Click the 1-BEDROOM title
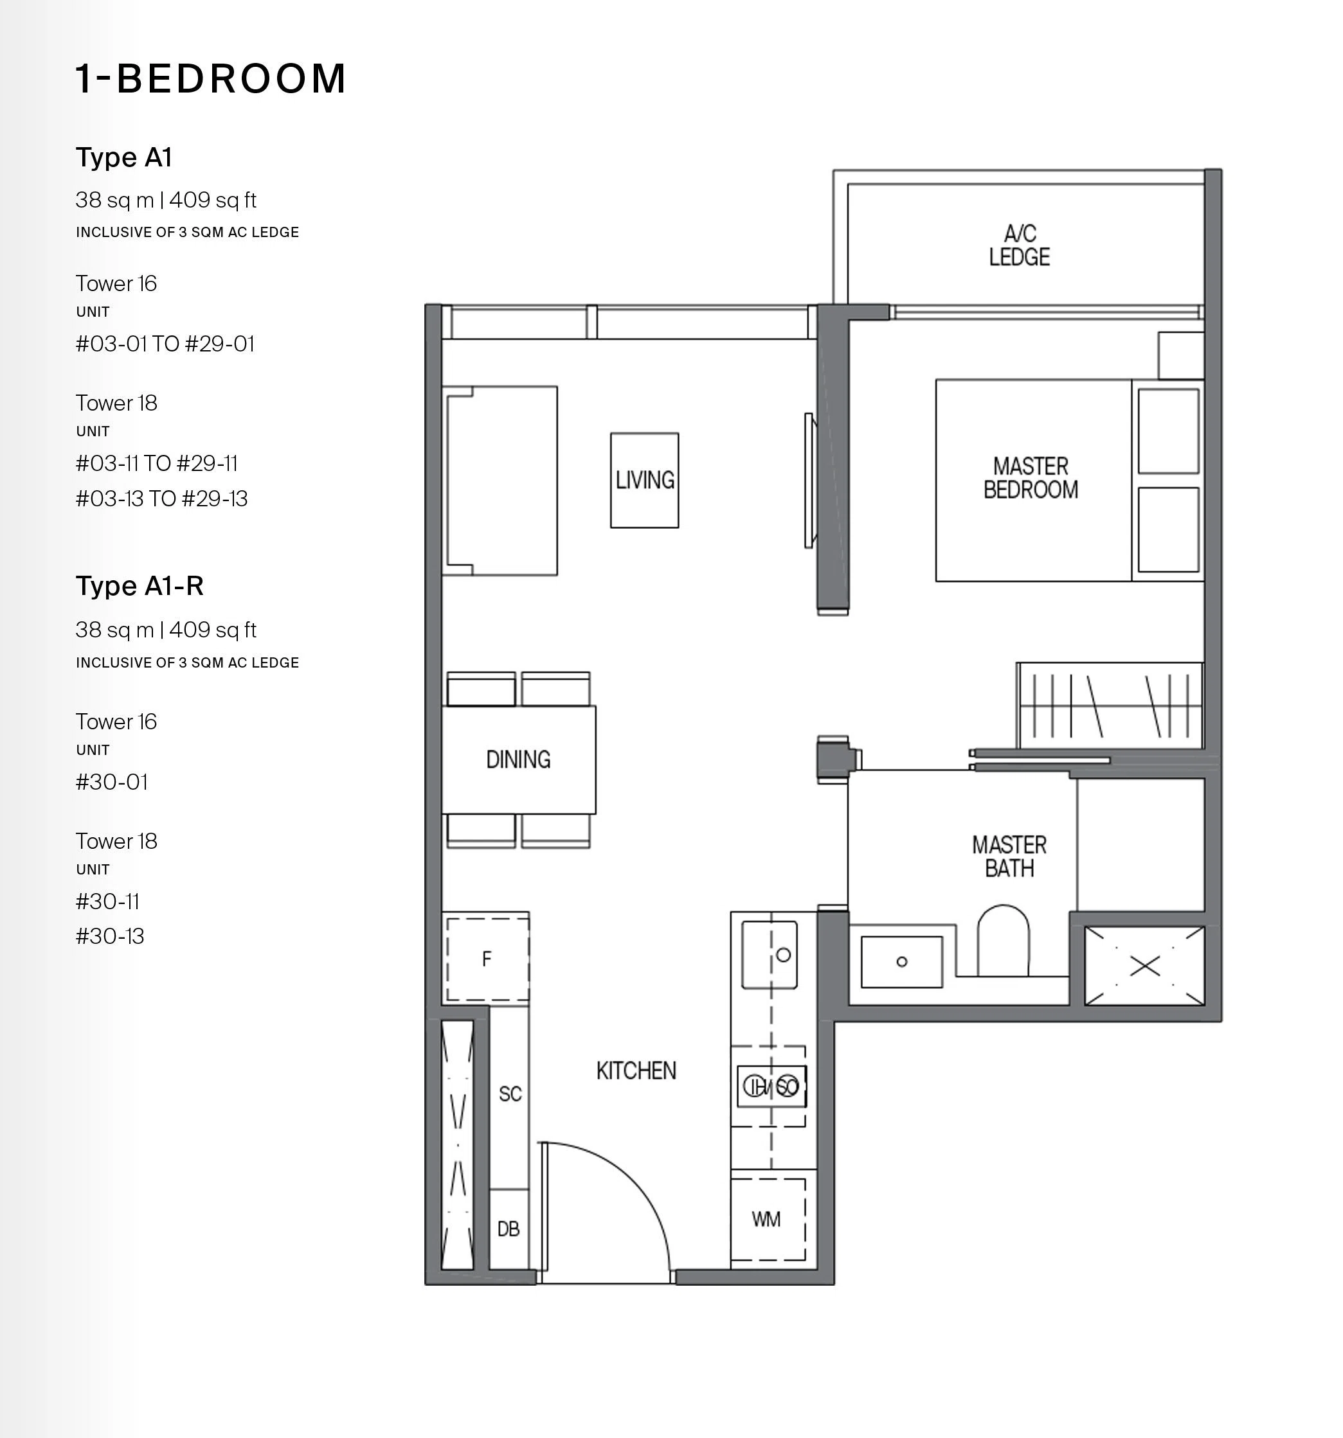coord(211,78)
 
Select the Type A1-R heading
coord(140,585)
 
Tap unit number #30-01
coord(112,782)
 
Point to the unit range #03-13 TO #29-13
coord(161,499)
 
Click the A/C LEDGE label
coord(1020,245)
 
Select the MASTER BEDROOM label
coord(1031,478)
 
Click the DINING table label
coord(518,759)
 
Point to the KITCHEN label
coord(636,1070)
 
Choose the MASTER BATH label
coord(1009,857)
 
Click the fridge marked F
coord(487,959)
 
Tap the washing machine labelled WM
coord(768,1219)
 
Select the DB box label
coord(508,1229)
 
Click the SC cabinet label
coord(510,1094)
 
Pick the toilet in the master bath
coord(1003,939)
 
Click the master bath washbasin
coord(901,961)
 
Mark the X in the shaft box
coord(1145,966)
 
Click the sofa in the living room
coord(500,481)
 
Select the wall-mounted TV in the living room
coord(809,481)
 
